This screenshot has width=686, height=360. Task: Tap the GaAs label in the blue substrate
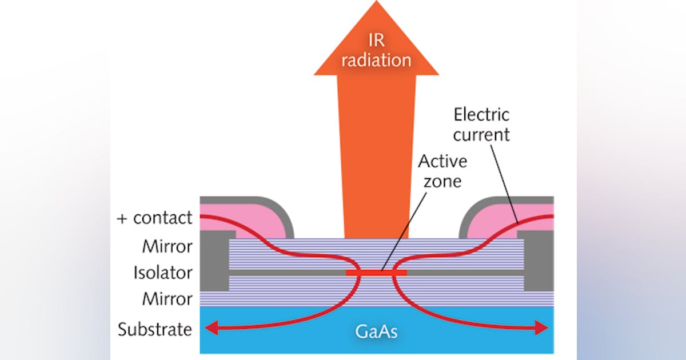coord(376,331)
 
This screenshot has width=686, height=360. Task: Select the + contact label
coord(154,218)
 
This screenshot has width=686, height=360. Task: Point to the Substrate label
coord(154,330)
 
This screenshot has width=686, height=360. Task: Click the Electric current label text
coord(481,125)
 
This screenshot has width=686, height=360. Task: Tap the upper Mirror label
coord(167,247)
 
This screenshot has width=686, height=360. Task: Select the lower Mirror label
coord(167,298)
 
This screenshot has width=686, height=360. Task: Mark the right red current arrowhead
coord(541,327)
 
